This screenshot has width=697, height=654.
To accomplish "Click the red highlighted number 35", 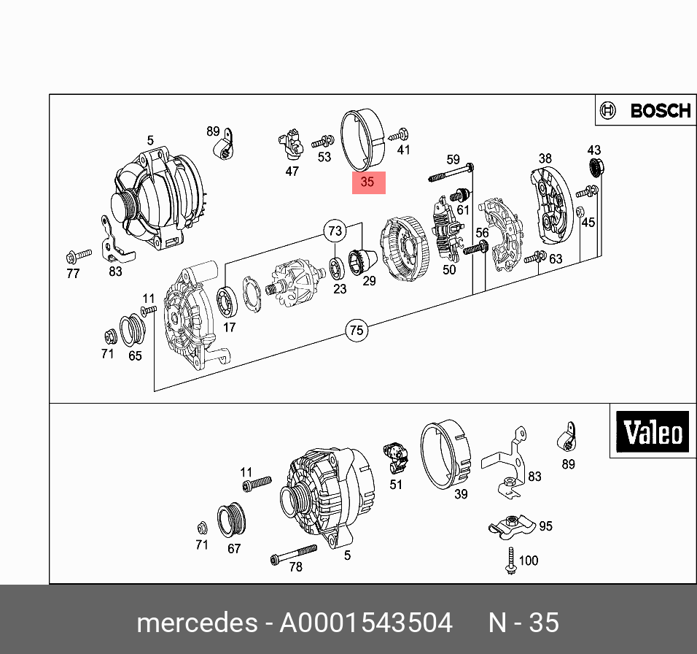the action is click(368, 182).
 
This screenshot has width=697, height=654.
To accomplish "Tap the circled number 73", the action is click(335, 231).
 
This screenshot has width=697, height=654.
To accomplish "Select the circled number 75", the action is click(357, 331).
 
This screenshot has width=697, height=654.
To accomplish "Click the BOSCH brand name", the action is click(661, 111).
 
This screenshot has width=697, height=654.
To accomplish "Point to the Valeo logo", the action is click(652, 431).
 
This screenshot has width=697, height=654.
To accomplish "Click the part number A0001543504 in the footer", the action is click(366, 622).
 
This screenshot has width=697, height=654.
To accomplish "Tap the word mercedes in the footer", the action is click(197, 622).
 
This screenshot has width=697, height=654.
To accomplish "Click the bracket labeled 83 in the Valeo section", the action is click(505, 462).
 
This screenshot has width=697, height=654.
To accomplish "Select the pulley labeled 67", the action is click(230, 520).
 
